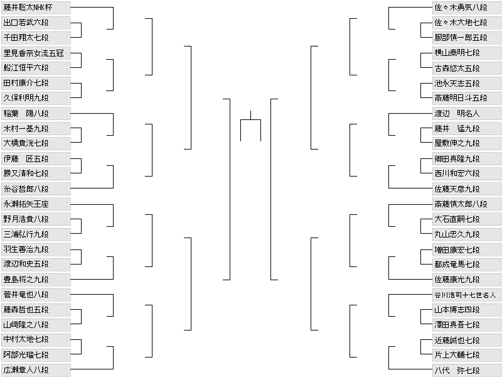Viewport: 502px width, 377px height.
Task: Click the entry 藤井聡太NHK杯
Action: click(35, 8)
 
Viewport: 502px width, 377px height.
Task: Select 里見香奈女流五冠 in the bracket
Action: click(35, 53)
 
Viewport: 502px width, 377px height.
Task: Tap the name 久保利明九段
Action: click(35, 98)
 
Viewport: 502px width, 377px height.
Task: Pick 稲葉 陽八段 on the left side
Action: click(35, 113)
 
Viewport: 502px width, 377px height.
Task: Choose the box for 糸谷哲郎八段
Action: click(35, 188)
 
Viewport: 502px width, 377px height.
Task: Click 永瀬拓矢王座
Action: click(35, 204)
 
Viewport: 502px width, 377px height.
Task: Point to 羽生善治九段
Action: click(35, 249)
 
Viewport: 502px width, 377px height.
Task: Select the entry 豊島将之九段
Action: click(35, 279)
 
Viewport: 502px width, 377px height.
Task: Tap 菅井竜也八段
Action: click(35, 294)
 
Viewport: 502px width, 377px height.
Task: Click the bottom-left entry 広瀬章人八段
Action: click(35, 369)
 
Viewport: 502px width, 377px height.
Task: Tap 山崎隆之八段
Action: click(35, 324)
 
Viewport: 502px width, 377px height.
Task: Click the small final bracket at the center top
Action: click(250, 126)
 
